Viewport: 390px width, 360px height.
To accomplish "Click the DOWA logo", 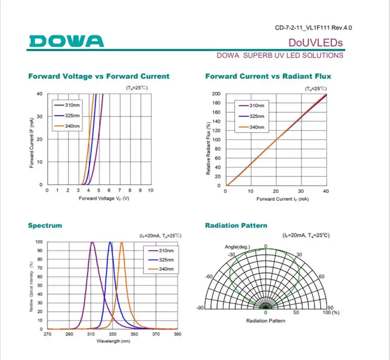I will tap(66, 40).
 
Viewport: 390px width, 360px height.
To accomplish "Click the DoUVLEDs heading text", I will tap(315, 42).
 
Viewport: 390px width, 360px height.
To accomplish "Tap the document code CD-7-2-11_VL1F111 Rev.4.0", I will tap(313, 27).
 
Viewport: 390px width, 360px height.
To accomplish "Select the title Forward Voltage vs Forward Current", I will tap(99, 76).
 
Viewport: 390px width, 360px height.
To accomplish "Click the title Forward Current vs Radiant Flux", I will tap(268, 76).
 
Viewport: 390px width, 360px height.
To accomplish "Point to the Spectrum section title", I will tap(45, 225).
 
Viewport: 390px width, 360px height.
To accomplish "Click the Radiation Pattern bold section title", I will tap(236, 225).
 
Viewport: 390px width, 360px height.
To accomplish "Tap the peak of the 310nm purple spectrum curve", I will tap(92, 242).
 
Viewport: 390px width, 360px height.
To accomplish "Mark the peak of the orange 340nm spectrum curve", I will tap(121, 242).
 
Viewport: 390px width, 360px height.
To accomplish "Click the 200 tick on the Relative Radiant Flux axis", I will tap(216, 94).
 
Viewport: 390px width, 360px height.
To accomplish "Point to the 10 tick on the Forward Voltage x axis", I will tap(151, 190).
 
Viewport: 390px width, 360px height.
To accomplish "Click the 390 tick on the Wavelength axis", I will tap(177, 334).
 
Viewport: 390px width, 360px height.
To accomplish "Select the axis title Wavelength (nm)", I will tap(113, 341).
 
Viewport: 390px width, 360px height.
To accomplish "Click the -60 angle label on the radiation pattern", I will tap(209, 277).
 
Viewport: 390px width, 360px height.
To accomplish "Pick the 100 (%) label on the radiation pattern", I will tap(331, 312).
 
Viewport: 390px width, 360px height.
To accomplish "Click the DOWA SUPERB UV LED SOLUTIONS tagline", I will tap(280, 55).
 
